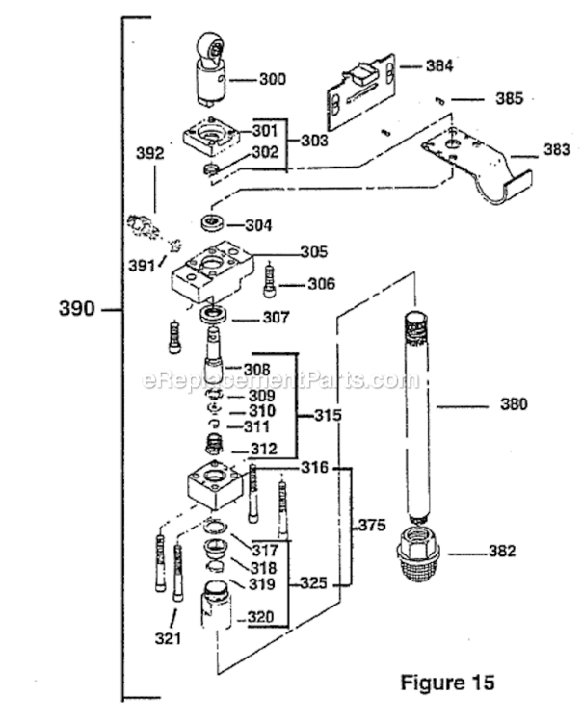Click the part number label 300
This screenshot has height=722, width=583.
[273, 80]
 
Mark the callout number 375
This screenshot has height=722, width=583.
[372, 526]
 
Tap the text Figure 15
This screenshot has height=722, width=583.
[447, 683]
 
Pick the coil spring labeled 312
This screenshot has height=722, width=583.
[222, 446]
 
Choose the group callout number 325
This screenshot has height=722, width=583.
[313, 582]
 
